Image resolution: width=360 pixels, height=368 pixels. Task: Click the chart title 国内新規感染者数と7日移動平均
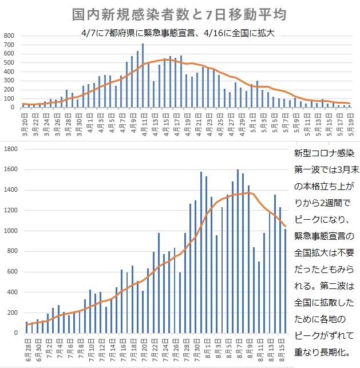point(179,14)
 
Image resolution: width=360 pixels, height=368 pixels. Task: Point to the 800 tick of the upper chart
point(9,35)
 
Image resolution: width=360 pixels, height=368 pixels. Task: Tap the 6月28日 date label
point(27,351)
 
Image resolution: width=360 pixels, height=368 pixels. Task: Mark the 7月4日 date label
point(59,351)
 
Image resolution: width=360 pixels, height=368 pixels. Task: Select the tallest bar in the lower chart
point(238,251)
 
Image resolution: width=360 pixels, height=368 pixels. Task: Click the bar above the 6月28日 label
point(27,327)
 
